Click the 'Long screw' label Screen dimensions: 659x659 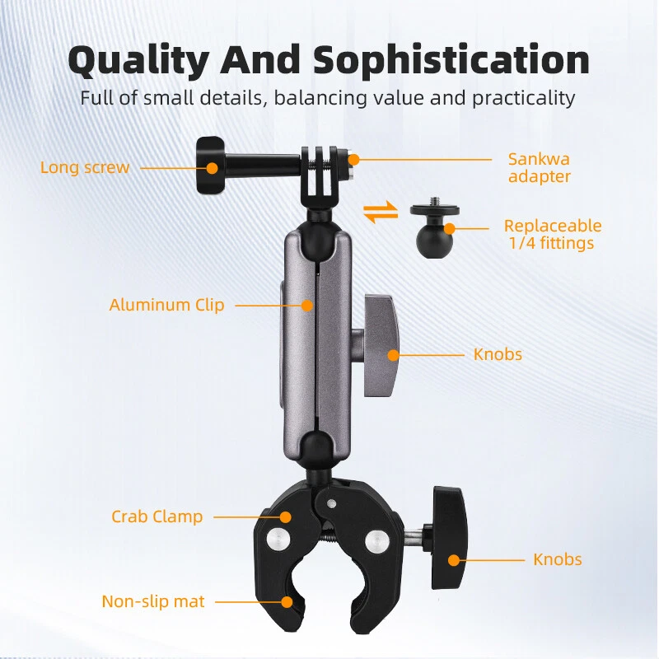(85, 167)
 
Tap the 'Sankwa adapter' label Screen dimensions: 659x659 (540, 167)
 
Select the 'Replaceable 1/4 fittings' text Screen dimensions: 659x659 (552, 234)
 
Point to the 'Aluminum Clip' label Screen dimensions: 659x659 (166, 305)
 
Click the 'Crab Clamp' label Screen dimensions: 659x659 (157, 516)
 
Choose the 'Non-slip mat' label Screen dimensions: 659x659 (153, 601)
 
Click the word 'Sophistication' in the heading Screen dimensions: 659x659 (451, 59)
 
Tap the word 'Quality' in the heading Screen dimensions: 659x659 (138, 61)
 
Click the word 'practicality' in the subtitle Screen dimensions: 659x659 (523, 98)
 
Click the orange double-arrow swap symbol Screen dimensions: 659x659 (381, 213)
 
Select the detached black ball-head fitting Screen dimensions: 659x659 (434, 227)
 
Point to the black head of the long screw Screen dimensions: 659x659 (210, 166)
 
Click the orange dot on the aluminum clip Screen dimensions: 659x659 (307, 306)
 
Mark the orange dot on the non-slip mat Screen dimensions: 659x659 (287, 602)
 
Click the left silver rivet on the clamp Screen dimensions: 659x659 (278, 539)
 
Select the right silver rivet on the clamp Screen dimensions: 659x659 (376, 540)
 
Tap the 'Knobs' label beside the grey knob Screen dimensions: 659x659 (498, 354)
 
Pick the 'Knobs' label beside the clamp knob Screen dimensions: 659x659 (558, 559)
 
